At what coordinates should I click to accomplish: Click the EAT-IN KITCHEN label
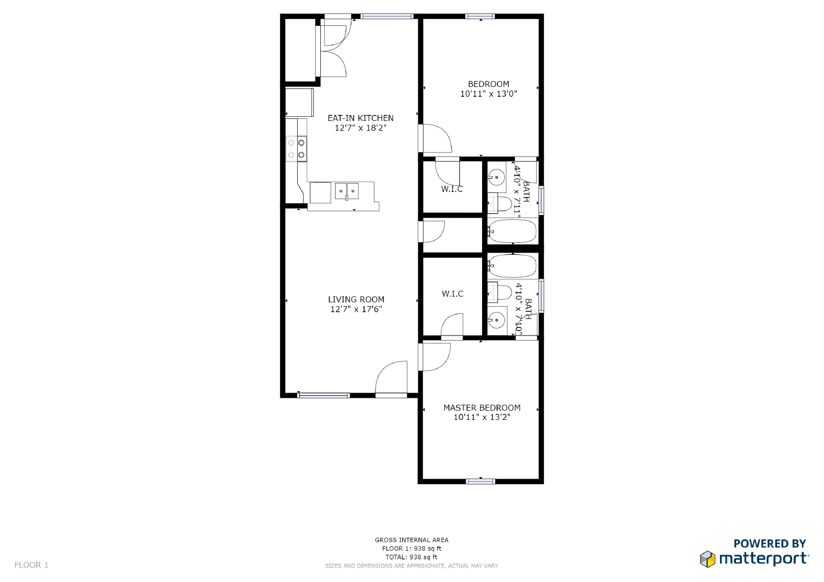pos(360,118)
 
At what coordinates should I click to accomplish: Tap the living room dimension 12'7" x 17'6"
pos(356,309)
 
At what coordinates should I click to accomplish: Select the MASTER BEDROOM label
pos(482,408)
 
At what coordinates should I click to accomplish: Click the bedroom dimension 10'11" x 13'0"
pos(488,94)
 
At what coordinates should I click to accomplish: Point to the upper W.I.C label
pos(452,189)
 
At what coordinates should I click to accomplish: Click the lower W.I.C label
pos(452,294)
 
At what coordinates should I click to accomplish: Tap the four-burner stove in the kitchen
pos(296,149)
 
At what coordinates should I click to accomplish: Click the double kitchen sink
pos(347,191)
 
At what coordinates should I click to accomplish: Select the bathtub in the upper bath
pos(512,231)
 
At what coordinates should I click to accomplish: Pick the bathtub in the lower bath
pos(512,266)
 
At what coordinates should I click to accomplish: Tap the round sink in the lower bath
pos(496,320)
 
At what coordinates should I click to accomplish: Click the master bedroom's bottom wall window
pos(480,482)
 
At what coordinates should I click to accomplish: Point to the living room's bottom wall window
pos(323,395)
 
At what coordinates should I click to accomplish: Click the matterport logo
pos(754,557)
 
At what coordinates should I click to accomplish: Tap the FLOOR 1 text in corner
pos(31,565)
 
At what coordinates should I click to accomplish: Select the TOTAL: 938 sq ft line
pos(411,557)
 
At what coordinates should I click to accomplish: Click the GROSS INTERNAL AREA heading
pos(411,540)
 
